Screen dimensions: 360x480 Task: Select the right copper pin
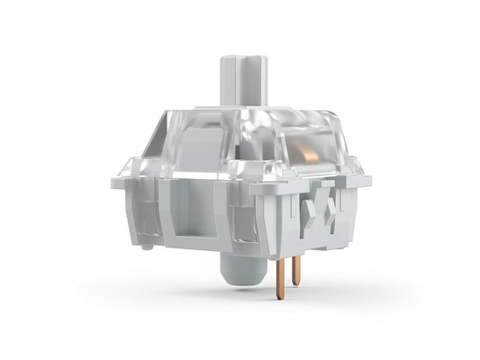click(x=295, y=268)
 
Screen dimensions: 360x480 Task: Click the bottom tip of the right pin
click(x=295, y=283)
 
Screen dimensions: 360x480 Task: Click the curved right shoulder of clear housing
click(x=338, y=135)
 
